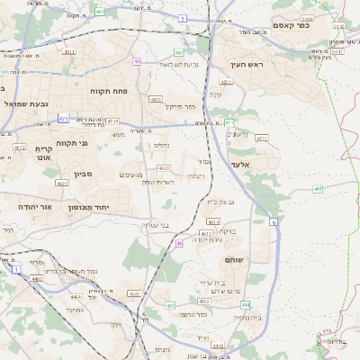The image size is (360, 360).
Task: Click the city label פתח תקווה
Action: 108,91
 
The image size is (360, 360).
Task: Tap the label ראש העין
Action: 244,64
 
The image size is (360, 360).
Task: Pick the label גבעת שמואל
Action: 23,104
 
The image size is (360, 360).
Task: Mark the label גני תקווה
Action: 71,143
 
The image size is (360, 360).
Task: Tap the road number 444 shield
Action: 245,305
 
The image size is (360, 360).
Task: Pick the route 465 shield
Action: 318,189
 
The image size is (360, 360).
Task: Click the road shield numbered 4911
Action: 69,52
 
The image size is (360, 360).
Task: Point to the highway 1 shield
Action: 16,268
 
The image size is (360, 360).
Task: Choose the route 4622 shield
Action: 61,184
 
